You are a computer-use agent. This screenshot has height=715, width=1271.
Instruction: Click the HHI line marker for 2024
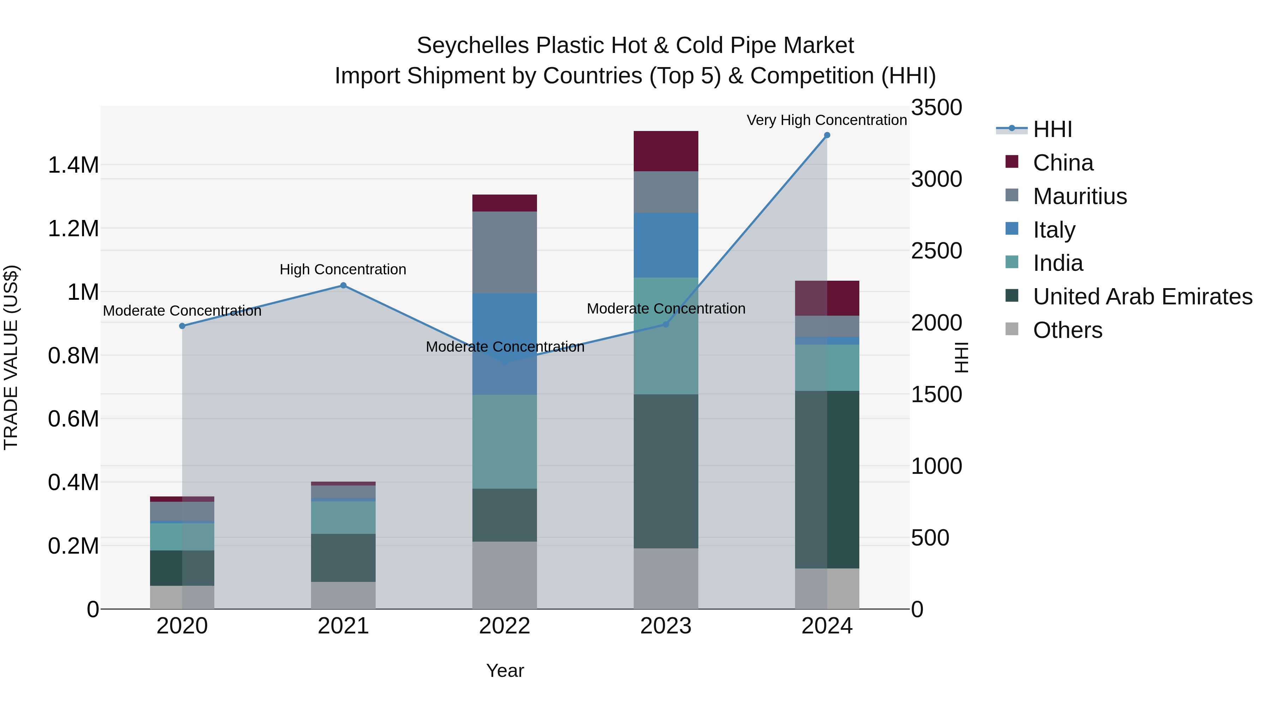point(827,135)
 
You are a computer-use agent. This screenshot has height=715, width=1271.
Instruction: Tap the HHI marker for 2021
point(344,285)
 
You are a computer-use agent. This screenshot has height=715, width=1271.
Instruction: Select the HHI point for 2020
point(182,326)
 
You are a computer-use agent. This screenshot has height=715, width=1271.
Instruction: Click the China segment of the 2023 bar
point(666,151)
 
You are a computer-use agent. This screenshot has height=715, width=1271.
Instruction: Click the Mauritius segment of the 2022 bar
point(504,252)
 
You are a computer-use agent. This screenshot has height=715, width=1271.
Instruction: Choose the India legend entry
point(1057,263)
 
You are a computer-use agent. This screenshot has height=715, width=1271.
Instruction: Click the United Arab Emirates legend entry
point(1142,297)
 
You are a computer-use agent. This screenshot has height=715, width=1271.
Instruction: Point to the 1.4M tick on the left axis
point(73,165)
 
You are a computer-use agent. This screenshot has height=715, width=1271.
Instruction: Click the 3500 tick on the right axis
point(936,108)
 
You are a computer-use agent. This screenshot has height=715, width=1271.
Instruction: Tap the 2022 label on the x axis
point(504,626)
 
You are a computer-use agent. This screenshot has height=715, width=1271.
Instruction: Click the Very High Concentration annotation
point(827,120)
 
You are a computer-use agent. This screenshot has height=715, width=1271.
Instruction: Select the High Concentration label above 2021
point(343,269)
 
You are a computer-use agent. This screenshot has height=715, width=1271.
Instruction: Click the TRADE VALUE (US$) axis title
point(11,357)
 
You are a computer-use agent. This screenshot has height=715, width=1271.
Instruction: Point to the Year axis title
point(505,671)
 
